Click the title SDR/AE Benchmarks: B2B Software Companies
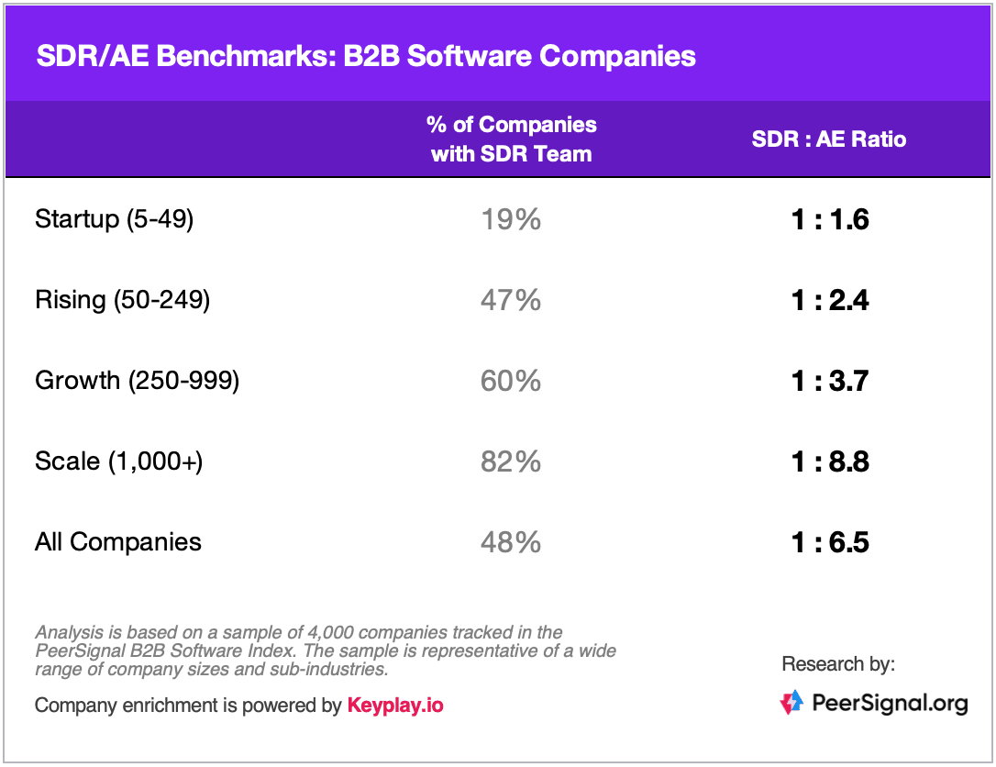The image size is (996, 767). pyautogui.click(x=366, y=56)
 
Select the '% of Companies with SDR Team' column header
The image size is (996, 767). pyautogui.click(x=512, y=139)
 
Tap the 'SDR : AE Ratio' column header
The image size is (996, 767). pyautogui.click(x=829, y=139)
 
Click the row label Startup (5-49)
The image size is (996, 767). pyautogui.click(x=115, y=219)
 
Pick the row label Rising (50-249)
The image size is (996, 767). pyautogui.click(x=123, y=300)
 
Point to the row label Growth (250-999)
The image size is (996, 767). pyautogui.click(x=138, y=381)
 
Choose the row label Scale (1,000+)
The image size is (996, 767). pyautogui.click(x=119, y=461)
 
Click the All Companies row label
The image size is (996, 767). pyautogui.click(x=118, y=542)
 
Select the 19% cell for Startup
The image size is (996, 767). pyautogui.click(x=511, y=220)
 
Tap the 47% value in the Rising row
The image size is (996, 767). pyautogui.click(x=511, y=301)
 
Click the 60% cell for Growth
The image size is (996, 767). pyautogui.click(x=511, y=382)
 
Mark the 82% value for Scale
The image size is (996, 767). pyautogui.click(x=511, y=462)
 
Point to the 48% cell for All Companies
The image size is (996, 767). pyautogui.click(x=511, y=543)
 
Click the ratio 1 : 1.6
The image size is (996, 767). pyautogui.click(x=830, y=220)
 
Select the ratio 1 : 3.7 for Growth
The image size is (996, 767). pyautogui.click(x=830, y=382)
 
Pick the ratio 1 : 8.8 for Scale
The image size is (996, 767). pyautogui.click(x=830, y=462)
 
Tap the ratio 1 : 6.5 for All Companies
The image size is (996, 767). pyautogui.click(x=830, y=543)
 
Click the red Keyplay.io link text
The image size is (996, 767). pyautogui.click(x=395, y=706)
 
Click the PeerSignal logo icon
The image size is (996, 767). pyautogui.click(x=791, y=702)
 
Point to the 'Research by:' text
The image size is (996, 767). pyautogui.click(x=838, y=664)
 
